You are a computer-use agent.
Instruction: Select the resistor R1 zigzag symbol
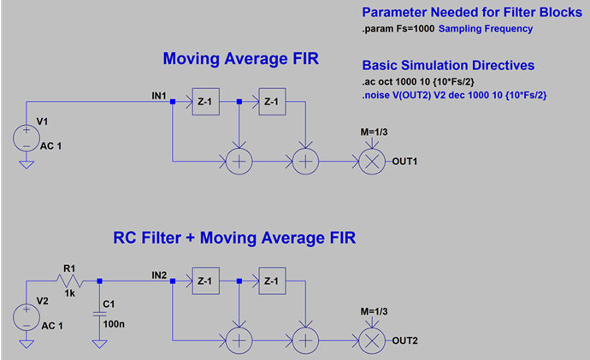pos(69,281)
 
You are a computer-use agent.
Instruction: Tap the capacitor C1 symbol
pos(100,314)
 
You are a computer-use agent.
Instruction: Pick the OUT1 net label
pos(404,162)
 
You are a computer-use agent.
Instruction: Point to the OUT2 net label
pos(404,340)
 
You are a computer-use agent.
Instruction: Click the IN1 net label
pos(159,96)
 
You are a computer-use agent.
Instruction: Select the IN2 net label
pos(159,275)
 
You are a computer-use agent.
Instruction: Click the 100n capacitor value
pos(114,324)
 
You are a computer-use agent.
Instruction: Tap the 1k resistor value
pos(69,293)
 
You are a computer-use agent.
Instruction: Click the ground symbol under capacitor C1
pos(100,344)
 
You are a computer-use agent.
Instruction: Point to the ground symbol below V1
pos(27,165)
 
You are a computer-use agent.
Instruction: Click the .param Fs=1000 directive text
pos(398,29)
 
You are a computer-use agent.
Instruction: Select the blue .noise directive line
pos(454,95)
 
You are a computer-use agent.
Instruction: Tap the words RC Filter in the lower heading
pos(147,238)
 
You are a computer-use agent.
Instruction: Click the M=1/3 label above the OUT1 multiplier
pos(374,132)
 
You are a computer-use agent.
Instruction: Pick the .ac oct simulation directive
pos(418,81)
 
